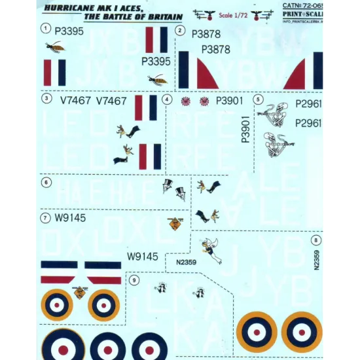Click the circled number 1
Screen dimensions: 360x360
click(45, 28)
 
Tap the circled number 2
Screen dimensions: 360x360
click(179, 31)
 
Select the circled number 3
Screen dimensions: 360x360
click(46, 99)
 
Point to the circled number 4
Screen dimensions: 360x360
click(167, 100)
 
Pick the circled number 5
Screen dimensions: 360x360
click(259, 99)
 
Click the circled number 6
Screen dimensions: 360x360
click(45, 183)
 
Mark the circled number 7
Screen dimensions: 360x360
click(45, 218)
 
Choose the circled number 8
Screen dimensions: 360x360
click(316, 240)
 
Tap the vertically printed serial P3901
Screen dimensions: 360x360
click(245, 130)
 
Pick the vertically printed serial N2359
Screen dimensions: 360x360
click(316, 261)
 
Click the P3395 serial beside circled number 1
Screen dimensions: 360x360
click(69, 30)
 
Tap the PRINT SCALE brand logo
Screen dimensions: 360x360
click(310, 18)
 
